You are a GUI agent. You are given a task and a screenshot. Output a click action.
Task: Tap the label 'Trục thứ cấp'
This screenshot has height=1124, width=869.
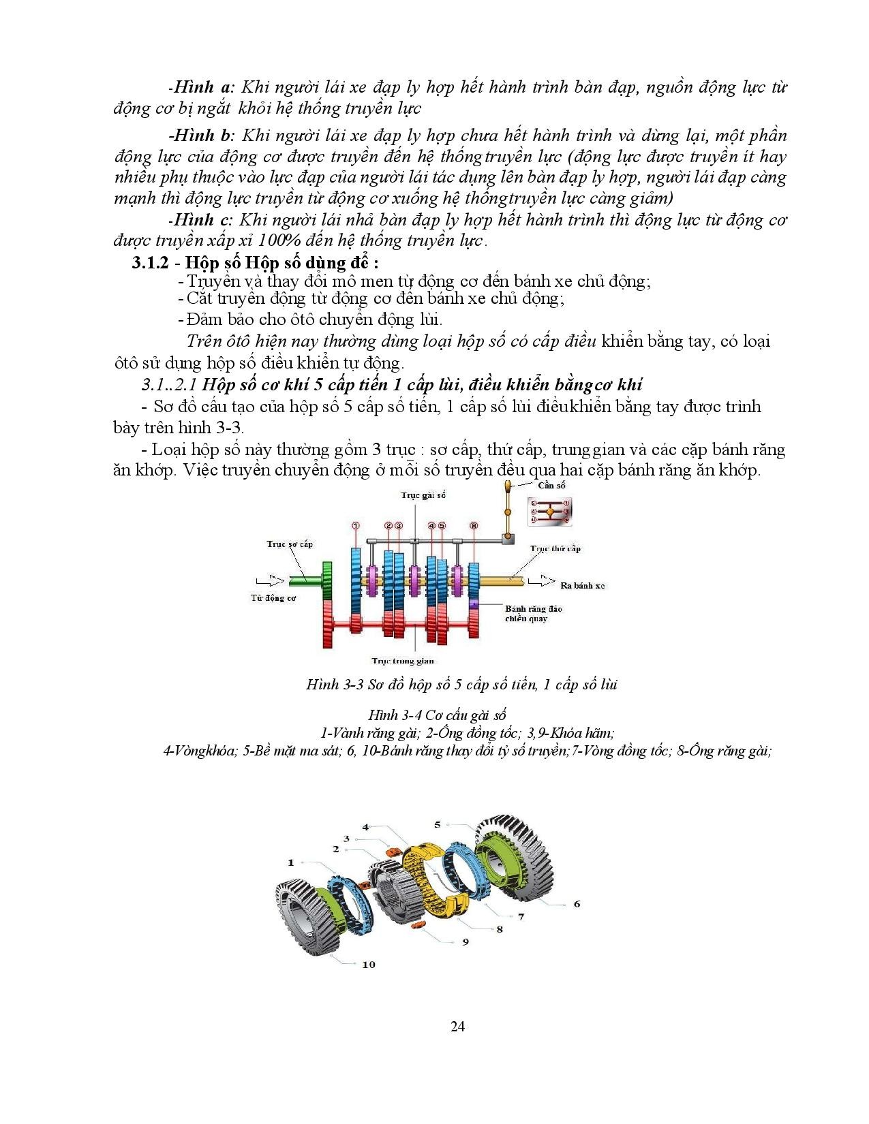pyautogui.click(x=555, y=548)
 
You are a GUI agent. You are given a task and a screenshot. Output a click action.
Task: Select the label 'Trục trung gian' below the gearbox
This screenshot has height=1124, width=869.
pyautogui.click(x=403, y=660)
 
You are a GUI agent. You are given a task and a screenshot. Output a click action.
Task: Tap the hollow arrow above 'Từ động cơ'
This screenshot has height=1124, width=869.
pyautogui.click(x=268, y=581)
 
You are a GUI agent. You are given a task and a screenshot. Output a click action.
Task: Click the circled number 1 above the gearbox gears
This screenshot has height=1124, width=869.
pyautogui.click(x=355, y=525)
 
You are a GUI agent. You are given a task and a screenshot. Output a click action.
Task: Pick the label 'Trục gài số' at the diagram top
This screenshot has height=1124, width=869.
pyautogui.click(x=423, y=495)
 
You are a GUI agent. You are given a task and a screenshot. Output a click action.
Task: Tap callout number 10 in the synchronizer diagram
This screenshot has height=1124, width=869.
pyautogui.click(x=368, y=964)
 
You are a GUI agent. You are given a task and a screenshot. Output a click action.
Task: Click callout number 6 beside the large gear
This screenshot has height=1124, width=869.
pyautogui.click(x=577, y=903)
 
